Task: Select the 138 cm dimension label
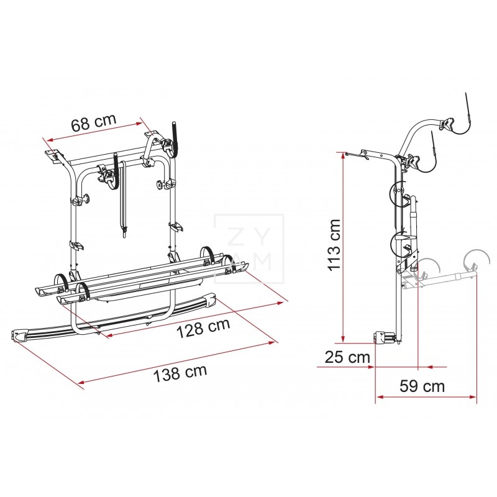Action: (x=180, y=373)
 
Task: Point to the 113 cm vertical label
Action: (x=335, y=244)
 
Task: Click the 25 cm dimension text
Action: (x=347, y=357)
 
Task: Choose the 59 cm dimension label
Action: (x=422, y=386)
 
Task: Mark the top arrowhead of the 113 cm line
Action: (x=343, y=156)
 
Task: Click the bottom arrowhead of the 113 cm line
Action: (x=343, y=339)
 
